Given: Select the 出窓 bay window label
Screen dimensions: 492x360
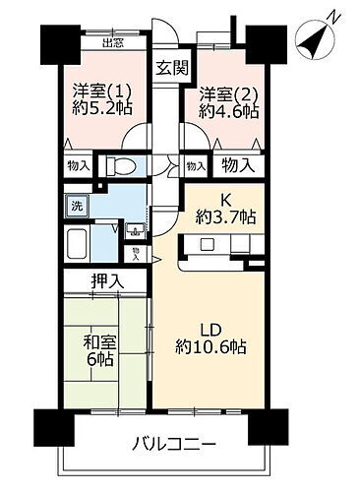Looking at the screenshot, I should tap(113, 42).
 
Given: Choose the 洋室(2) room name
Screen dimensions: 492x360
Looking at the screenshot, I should tap(224, 94).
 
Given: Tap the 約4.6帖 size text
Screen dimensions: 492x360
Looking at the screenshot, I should tap(226, 113).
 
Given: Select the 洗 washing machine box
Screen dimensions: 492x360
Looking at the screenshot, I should tap(75, 207).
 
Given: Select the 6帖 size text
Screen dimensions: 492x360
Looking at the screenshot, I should tap(95, 362).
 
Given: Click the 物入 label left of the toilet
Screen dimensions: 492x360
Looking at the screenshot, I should tap(75, 166).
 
